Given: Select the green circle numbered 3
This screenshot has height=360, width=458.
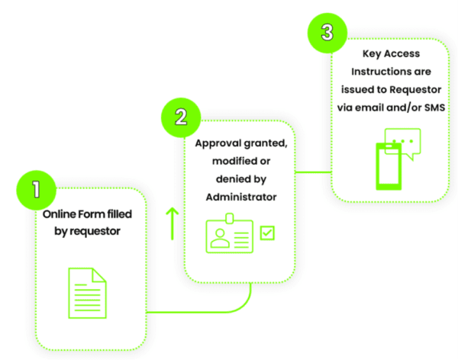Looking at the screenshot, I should [x=326, y=33].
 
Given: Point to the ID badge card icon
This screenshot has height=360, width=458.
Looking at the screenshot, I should [x=228, y=236].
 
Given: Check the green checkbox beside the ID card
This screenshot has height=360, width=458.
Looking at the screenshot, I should [x=268, y=233].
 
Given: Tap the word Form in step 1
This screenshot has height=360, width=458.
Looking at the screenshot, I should [x=96, y=214].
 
